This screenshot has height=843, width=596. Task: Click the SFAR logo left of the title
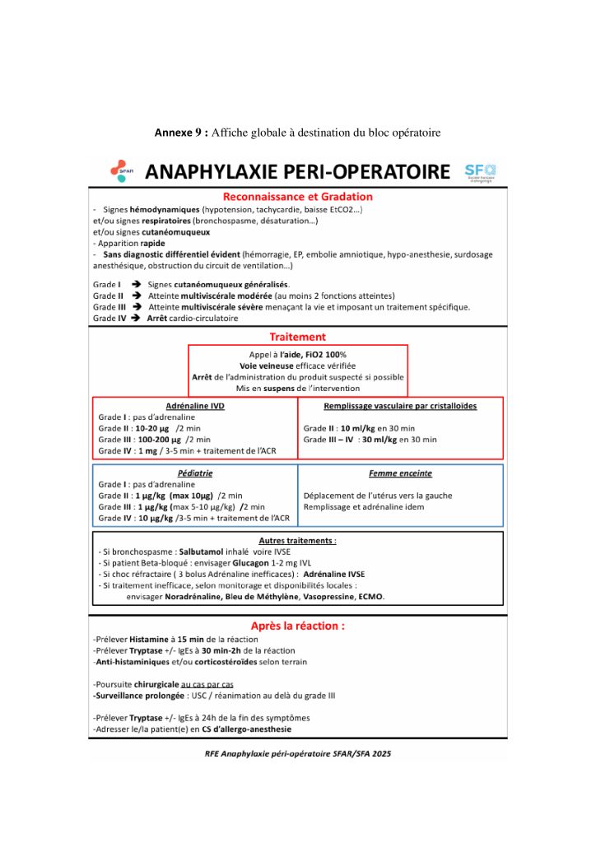click(x=119, y=170)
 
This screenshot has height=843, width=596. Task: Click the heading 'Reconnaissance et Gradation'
click(x=298, y=197)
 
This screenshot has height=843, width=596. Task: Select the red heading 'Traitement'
click(x=298, y=337)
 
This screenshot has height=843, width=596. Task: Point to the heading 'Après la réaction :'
click(x=298, y=626)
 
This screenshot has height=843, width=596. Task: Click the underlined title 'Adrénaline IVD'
click(x=195, y=406)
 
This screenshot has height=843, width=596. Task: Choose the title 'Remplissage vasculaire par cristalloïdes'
click(x=400, y=406)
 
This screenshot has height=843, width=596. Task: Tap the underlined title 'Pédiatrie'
click(x=195, y=473)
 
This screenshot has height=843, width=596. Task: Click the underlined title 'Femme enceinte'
click(x=400, y=473)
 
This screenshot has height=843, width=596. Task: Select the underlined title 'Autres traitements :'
click(x=297, y=540)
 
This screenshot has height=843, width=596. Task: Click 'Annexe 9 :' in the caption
click(x=181, y=133)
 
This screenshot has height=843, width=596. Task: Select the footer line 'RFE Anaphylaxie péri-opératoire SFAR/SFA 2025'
click(x=298, y=753)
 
